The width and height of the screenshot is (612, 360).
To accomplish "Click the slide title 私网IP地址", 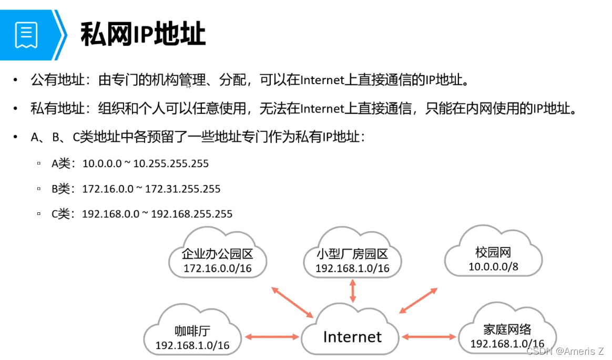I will tap(142, 35).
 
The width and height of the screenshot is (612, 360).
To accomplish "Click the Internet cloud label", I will tap(352, 336).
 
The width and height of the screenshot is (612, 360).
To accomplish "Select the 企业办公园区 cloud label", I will tap(217, 254).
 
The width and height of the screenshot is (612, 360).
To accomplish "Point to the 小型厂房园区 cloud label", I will tap(352, 254).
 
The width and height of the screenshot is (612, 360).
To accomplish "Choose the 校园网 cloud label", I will tap(493, 253).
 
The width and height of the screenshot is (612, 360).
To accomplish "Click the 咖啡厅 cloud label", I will tap(192, 331).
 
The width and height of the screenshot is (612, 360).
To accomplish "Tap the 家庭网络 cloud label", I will tap(507, 330).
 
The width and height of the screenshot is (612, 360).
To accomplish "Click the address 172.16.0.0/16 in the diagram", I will tap(217, 269).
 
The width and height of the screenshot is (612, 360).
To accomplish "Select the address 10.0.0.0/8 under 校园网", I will tap(493, 267).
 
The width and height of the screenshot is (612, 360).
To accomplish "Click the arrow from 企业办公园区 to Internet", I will tap(293, 302).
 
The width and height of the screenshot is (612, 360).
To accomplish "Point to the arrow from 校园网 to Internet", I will tap(418, 301).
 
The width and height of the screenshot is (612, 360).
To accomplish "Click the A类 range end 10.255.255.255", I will tap(171, 163).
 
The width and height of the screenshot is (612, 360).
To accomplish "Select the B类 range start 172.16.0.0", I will tap(108, 189).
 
